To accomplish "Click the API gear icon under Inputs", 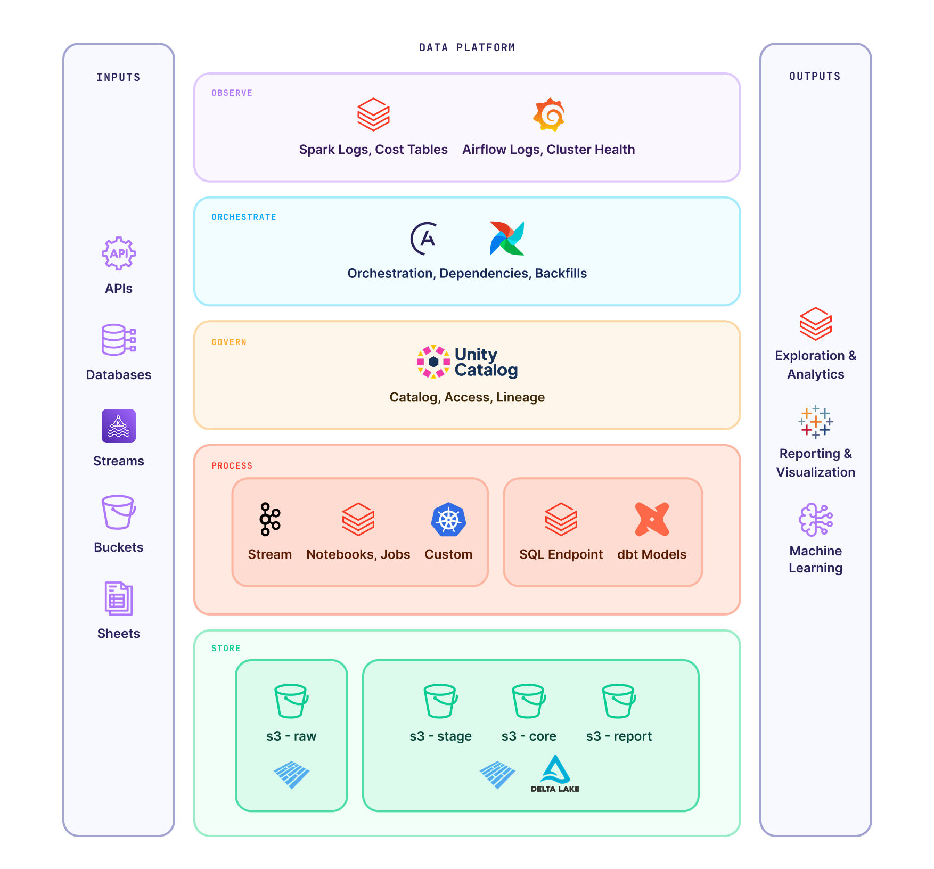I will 119,253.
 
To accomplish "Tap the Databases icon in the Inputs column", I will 119,340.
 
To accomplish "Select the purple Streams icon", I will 119,426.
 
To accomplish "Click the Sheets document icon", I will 119,599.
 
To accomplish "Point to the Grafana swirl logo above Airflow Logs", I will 549,114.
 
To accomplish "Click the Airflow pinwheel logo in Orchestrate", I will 507,238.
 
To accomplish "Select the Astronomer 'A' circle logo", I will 424,239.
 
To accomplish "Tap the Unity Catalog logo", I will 467,362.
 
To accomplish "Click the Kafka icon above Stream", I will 269,519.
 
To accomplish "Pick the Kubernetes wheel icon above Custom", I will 448,520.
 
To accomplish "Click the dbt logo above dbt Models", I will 652,519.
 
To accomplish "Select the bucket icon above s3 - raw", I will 291,701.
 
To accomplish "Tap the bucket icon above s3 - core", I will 529,701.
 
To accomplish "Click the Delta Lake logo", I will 555,774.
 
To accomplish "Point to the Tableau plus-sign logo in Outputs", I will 815,422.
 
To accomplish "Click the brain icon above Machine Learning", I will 815,519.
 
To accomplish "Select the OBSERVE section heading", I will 232,93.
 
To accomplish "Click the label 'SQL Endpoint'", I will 561,554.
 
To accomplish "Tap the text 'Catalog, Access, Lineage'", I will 467,397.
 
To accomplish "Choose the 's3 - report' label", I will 619,736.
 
